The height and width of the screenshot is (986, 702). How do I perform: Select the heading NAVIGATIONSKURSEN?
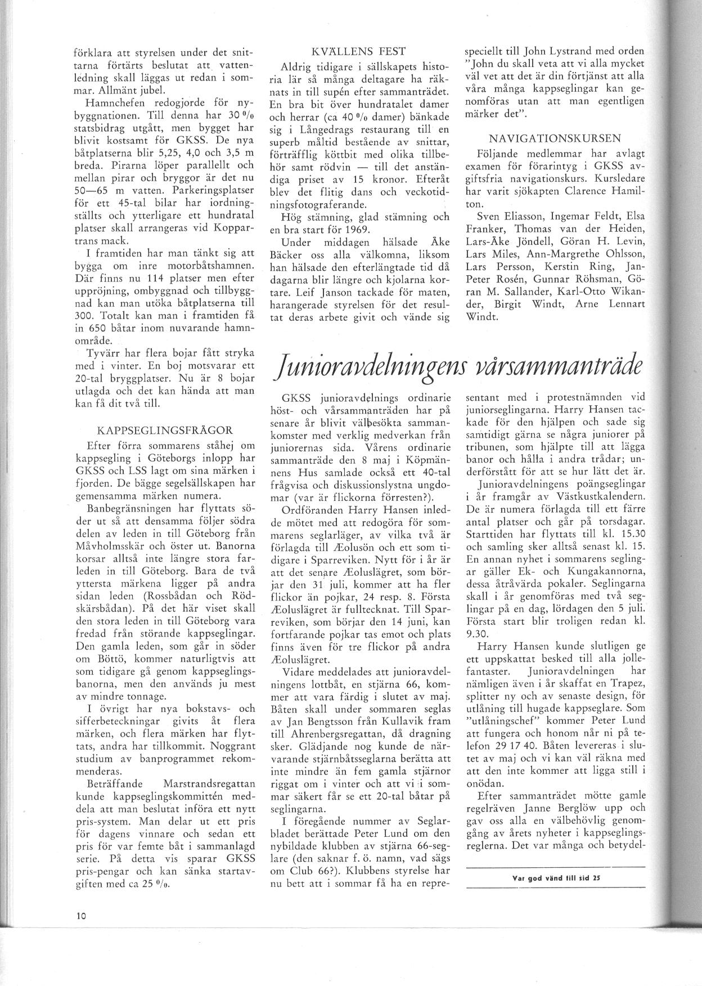(555, 138)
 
